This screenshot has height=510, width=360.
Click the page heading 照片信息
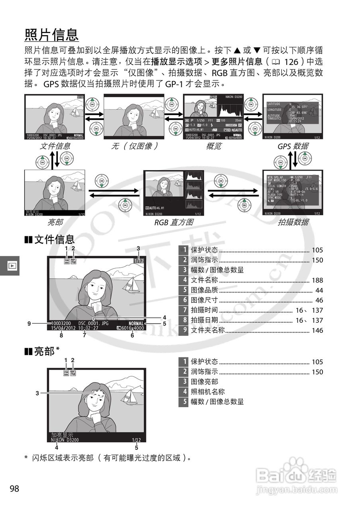click(x=51, y=35)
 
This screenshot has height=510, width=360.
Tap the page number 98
click(x=14, y=488)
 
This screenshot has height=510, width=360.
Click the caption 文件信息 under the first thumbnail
click(x=55, y=146)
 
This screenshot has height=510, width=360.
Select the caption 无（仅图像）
click(x=134, y=146)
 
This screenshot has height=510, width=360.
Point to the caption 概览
click(x=213, y=146)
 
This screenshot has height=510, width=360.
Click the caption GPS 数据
click(x=293, y=146)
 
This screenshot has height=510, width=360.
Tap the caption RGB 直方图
click(x=173, y=222)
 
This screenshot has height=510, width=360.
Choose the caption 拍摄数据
click(x=293, y=222)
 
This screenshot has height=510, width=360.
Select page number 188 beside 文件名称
click(x=317, y=280)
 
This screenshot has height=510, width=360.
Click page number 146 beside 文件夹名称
click(x=317, y=330)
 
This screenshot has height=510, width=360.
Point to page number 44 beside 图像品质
click(x=319, y=290)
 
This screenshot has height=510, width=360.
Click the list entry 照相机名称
click(x=208, y=392)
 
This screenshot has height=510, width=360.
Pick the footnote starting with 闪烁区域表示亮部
click(x=108, y=457)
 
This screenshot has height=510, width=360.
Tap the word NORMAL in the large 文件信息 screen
click(x=136, y=324)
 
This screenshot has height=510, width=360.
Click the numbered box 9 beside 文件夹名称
click(x=183, y=330)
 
